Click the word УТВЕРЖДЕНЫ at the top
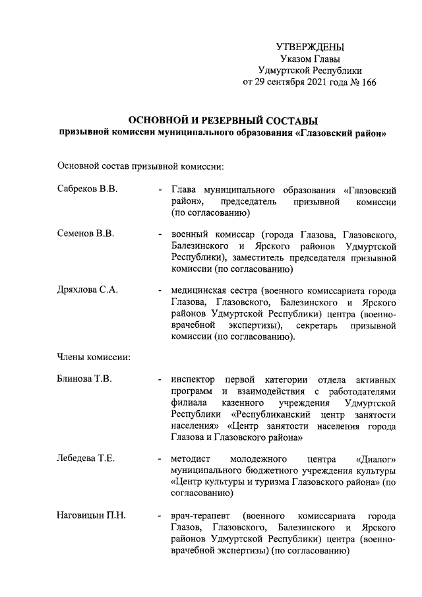click(x=310, y=47)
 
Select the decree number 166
click(x=367, y=82)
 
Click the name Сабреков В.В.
click(x=87, y=189)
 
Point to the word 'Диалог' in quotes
click(x=375, y=458)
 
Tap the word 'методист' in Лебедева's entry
click(x=191, y=458)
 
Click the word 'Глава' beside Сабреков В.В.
click(x=183, y=189)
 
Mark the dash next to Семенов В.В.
click(x=160, y=234)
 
